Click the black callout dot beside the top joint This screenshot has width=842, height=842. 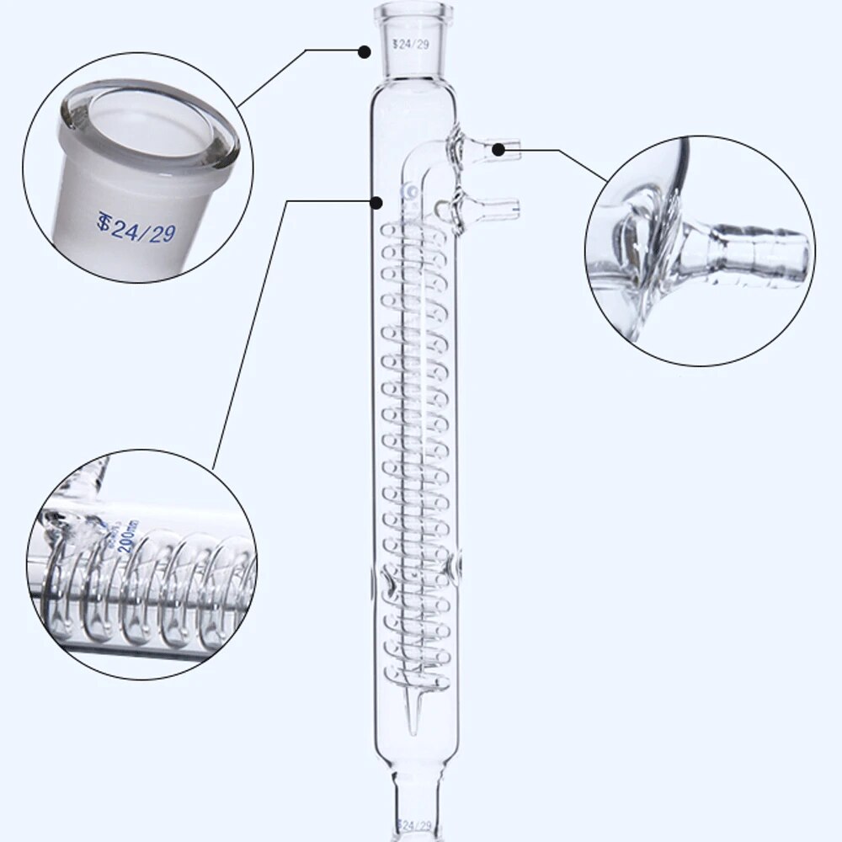coord(365,51)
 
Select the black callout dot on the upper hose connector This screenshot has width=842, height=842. coord(498,150)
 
